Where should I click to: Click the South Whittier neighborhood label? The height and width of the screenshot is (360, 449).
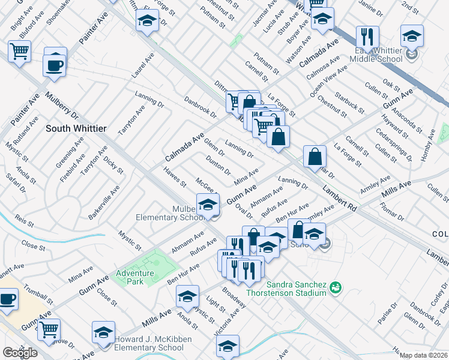click(76, 128)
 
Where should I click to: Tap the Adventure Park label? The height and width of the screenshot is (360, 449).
click(135, 277)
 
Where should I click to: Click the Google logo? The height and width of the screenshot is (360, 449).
click(20, 353)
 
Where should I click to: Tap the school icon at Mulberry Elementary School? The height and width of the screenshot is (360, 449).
click(208, 205)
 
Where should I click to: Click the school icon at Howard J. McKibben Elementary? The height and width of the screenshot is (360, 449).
click(103, 333)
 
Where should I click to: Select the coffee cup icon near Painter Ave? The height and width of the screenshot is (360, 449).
click(55, 64)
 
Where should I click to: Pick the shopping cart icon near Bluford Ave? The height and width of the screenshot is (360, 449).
click(20, 51)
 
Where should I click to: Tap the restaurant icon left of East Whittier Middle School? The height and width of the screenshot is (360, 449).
click(367, 36)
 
